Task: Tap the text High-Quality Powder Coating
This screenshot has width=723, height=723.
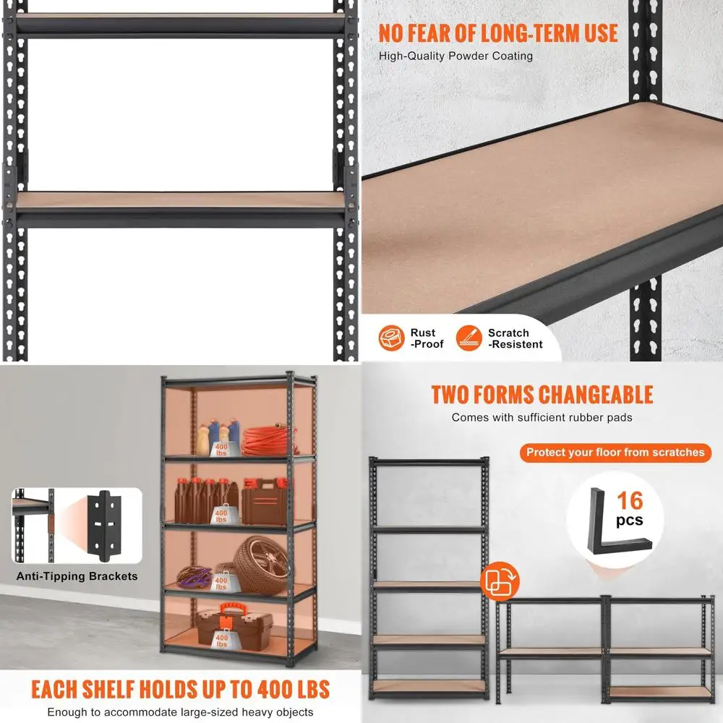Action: (455, 56)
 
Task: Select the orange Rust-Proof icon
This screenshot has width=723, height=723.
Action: (391, 338)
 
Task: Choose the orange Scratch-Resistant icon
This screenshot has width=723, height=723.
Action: (469, 338)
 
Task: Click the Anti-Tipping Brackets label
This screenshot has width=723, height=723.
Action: (77, 576)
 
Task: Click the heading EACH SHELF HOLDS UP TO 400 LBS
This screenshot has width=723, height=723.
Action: (180, 688)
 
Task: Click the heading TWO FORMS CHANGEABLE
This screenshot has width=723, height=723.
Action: (542, 395)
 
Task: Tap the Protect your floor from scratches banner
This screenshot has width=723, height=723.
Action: (615, 453)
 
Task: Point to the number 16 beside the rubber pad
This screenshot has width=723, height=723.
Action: (629, 500)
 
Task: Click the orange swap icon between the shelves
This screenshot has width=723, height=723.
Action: (497, 580)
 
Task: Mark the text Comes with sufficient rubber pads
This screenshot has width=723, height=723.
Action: (542, 417)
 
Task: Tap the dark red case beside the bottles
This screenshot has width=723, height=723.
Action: (263, 501)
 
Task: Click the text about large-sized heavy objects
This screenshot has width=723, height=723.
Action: (180, 712)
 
